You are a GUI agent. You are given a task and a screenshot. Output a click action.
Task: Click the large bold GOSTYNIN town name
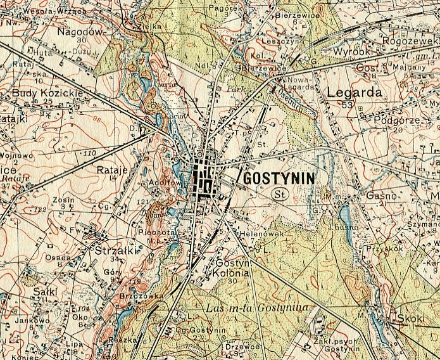(279, 177)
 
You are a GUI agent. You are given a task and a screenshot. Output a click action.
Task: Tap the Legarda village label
(355, 92)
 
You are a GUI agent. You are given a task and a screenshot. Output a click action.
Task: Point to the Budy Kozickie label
(39, 93)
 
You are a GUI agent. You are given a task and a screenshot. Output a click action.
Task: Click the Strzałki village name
(111, 249)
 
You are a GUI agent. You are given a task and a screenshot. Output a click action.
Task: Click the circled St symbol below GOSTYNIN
(279, 194)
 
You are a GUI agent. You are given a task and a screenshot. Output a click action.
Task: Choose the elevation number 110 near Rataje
(89, 153)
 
